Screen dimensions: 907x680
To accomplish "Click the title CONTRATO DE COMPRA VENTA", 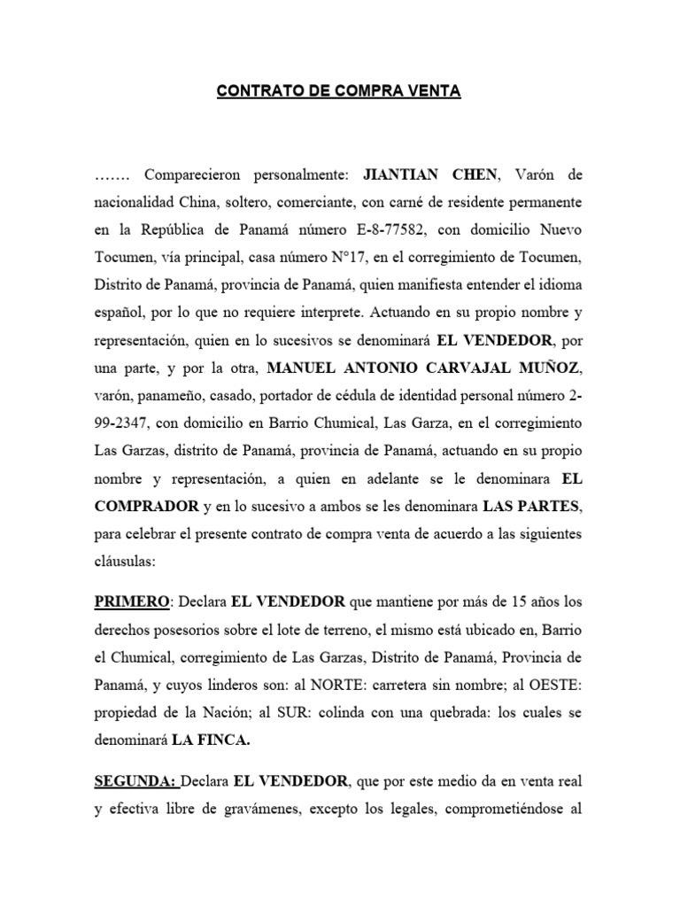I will (339, 91).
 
